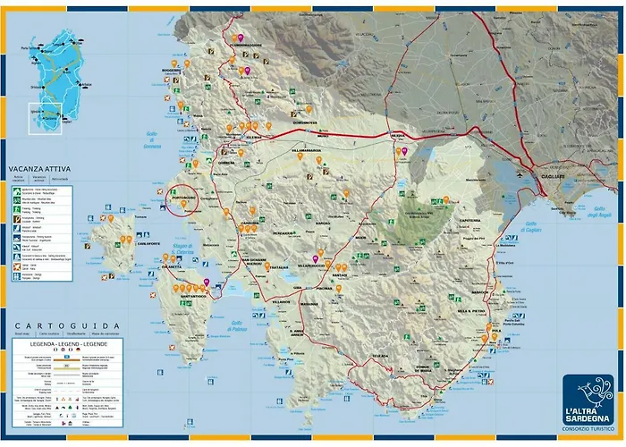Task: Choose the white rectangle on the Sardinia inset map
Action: point(45,118)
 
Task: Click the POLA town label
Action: point(497,331)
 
